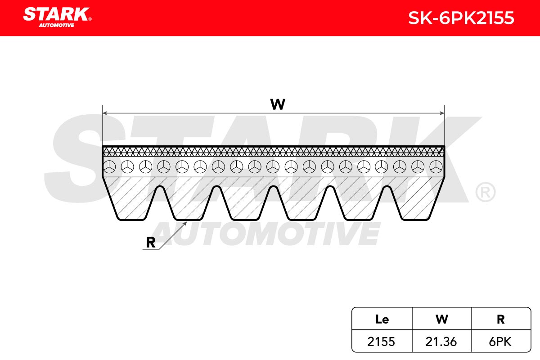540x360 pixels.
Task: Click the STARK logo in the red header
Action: [57, 17]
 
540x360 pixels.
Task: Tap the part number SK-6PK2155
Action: [461, 18]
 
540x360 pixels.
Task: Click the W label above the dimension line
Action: [278, 104]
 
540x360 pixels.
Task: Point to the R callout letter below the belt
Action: [151, 243]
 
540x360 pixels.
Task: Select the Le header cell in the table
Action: [382, 319]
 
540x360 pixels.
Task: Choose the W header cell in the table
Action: [442, 319]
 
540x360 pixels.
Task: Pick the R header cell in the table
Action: [501, 319]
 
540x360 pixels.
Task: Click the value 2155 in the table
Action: [381, 342]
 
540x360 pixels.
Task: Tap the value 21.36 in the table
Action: [441, 342]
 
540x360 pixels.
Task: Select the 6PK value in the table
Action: [500, 342]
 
